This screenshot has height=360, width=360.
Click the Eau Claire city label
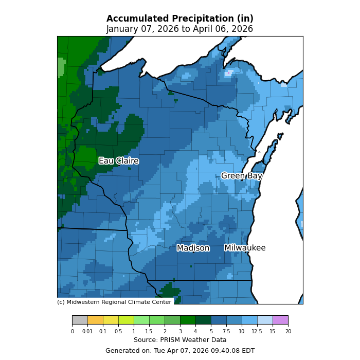pos(118,161)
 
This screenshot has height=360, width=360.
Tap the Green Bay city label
pos(242,176)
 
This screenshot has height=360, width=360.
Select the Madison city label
pos(193,248)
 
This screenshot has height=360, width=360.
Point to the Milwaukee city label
pos(245,248)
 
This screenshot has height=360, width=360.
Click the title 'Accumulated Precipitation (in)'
pos(180,19)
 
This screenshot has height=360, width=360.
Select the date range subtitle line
pos(180,29)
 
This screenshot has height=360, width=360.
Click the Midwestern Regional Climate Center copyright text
pos(114,302)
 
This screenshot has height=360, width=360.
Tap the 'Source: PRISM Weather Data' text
pos(180,340)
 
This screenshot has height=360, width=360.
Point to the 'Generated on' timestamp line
pos(180,351)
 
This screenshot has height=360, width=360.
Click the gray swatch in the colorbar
pos(80,320)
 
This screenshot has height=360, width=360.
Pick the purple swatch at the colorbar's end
pos(280,320)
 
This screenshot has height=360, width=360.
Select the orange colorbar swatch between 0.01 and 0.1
pos(95,320)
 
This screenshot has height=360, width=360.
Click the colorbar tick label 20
pos(288,332)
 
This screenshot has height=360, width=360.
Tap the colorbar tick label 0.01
pos(87,332)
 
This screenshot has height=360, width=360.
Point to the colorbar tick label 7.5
pos(226,332)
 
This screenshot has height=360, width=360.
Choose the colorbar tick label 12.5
pos(257,332)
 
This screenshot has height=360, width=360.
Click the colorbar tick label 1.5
pos(149,332)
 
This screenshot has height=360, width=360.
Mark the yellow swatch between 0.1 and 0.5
pos(111,320)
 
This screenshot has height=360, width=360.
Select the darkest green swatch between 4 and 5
pos(203,320)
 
